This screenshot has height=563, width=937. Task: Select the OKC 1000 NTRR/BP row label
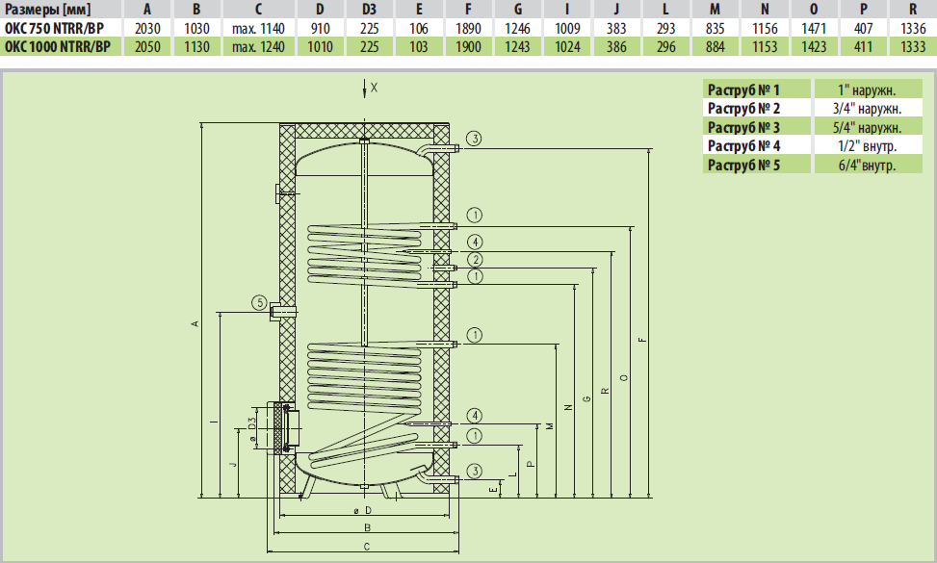(56, 46)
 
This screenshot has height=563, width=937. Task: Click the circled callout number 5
(259, 303)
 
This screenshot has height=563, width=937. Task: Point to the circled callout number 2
(476, 260)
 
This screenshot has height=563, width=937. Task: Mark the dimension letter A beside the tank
(195, 324)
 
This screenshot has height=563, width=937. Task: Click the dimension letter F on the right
(642, 339)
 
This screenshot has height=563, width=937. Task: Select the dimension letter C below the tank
(367, 547)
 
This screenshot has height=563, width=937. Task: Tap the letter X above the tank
(375, 87)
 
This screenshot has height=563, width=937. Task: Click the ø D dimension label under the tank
(362, 510)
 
